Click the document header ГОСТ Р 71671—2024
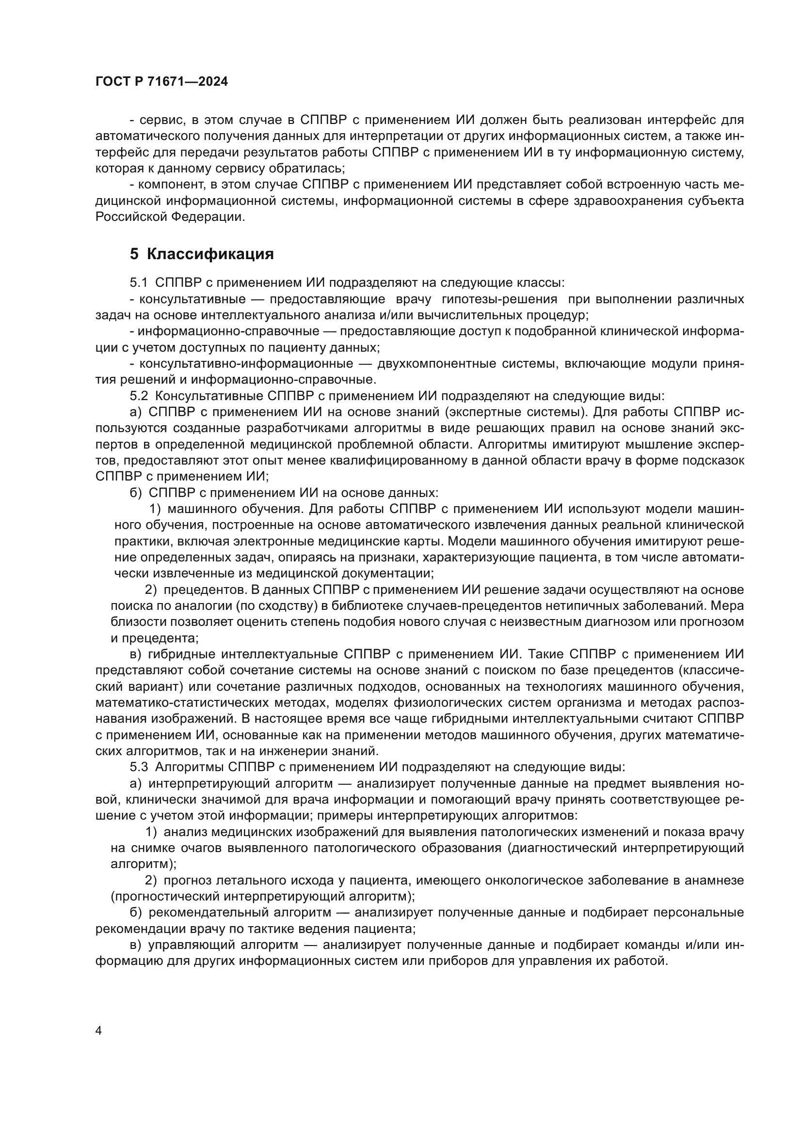[x=161, y=82]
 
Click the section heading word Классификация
[x=210, y=254]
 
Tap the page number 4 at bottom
[x=99, y=1031]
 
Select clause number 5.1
[x=139, y=283]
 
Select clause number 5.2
[x=139, y=396]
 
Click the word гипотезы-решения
[x=500, y=299]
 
